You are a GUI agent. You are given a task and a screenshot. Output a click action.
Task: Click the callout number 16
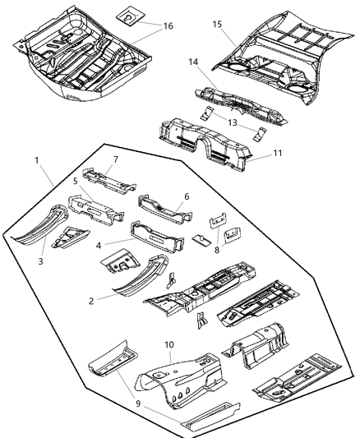tap(168, 26)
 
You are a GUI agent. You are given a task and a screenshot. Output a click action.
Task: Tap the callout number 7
tap(116, 159)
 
